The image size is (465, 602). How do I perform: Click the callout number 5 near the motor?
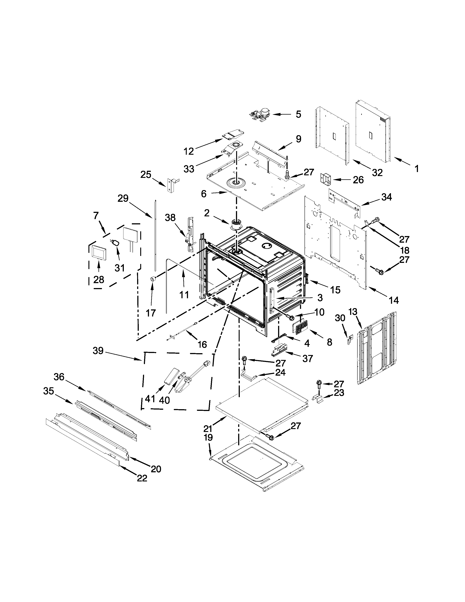point(298,114)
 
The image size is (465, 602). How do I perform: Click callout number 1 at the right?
point(417,168)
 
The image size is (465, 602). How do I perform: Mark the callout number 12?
point(189,151)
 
